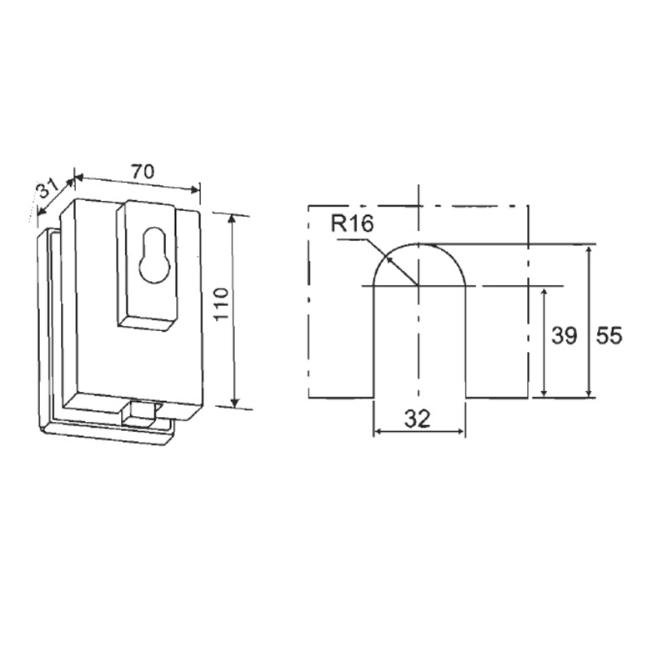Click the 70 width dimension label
143,172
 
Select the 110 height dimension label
222,304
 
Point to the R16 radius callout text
352,223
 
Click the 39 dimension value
564,336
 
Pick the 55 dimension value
609,336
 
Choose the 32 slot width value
417,419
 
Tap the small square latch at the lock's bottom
138,414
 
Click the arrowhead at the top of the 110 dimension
232,218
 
